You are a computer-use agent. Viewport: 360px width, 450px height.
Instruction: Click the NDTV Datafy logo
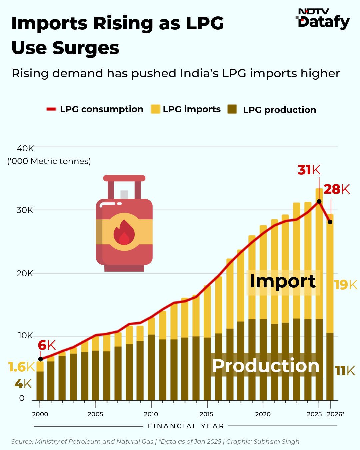[x=323, y=19]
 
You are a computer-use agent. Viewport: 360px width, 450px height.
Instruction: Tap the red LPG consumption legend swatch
[x=51, y=109]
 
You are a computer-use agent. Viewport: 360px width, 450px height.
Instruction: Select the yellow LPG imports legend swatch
[x=155, y=109]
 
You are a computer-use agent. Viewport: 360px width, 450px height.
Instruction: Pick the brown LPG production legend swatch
[x=232, y=109]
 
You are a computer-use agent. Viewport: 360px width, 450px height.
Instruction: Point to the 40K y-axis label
[x=25, y=148]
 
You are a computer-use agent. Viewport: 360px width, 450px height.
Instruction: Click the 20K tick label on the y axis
[x=25, y=274]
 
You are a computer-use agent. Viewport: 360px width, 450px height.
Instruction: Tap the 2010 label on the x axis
[x=151, y=414]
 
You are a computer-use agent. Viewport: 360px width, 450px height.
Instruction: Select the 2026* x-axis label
[x=335, y=414]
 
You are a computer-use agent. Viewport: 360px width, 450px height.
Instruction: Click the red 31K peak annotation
[x=309, y=170]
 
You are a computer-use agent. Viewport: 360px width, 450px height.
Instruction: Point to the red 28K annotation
[x=337, y=189]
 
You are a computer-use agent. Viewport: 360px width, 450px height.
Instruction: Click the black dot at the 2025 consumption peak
[x=319, y=201]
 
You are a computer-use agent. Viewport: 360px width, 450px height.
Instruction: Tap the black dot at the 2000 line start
[x=41, y=359]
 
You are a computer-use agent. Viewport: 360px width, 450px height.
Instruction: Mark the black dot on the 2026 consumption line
[x=330, y=222]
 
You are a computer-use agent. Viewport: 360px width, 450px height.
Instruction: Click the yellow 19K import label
[x=346, y=285]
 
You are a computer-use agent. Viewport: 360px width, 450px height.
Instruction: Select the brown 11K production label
[x=345, y=371]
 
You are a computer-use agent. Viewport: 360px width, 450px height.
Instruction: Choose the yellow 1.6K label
[x=21, y=367]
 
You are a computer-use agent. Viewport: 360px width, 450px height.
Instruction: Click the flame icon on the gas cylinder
[x=124, y=232]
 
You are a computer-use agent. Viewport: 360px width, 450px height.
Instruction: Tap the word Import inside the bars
[x=283, y=282]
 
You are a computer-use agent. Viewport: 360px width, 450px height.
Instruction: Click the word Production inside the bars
[x=266, y=366]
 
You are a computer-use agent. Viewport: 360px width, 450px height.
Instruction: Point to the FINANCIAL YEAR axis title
[x=186, y=426]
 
